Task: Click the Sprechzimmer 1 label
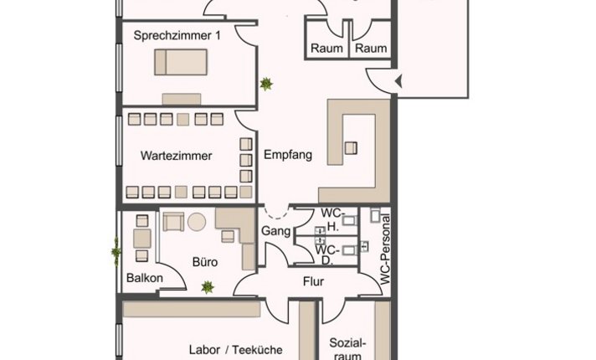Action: pos(177,36)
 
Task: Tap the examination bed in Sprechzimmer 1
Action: pos(181,62)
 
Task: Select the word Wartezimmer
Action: pos(176,156)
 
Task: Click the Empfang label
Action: pos(288,155)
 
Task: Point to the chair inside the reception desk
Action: pos(351,148)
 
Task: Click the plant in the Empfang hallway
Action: pos(266,84)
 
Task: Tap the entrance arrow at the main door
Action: pos(398,81)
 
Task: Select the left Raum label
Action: pos(326,49)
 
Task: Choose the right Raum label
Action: pos(371,49)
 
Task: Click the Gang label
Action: pos(275,231)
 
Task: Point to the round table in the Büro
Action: pos(197,222)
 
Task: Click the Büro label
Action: pos(205,262)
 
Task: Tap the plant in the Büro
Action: pos(208,287)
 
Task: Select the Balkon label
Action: pos(145,278)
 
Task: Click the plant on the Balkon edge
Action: pos(116,251)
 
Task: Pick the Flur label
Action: pos(313,281)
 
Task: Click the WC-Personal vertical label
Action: pos(385,249)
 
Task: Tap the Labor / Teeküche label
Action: pos(235,350)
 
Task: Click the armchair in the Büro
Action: pos(173,222)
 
